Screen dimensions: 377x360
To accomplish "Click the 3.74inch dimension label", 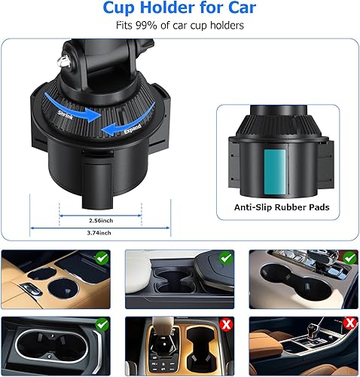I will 86,234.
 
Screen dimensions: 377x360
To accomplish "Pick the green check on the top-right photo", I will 348,259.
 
